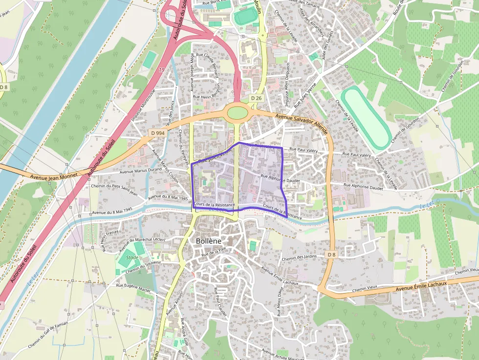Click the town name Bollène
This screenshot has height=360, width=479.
tap(208, 241)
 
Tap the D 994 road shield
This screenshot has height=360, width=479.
tap(157, 133)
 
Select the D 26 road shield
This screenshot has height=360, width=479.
tap(257, 98)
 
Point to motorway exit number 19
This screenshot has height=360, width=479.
tap(161, 70)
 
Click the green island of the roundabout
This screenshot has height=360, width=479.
tap(238, 113)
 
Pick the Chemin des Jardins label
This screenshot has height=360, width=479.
tap(299, 257)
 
